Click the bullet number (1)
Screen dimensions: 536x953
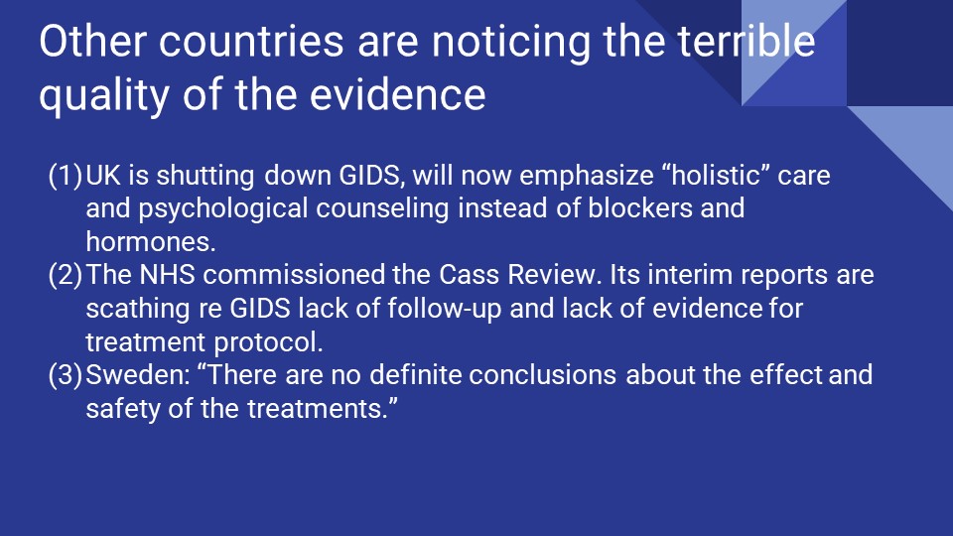[66, 177]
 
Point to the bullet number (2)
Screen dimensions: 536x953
[66, 275]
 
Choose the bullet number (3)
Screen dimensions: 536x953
[66, 375]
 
